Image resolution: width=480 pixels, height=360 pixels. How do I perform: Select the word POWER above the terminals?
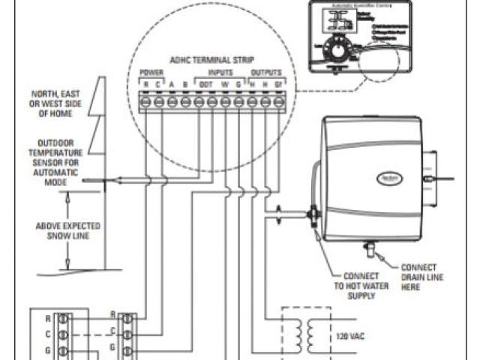click(x=151, y=73)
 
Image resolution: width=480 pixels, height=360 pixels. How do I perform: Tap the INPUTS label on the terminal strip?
click(x=220, y=73)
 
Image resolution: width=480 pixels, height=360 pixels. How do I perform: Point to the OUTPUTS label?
click(x=265, y=73)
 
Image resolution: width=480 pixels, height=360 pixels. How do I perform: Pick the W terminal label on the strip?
click(x=224, y=85)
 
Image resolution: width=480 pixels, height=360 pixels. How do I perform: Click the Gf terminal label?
click(x=279, y=85)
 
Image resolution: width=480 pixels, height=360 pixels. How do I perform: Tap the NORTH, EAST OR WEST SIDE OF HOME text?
click(x=56, y=103)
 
